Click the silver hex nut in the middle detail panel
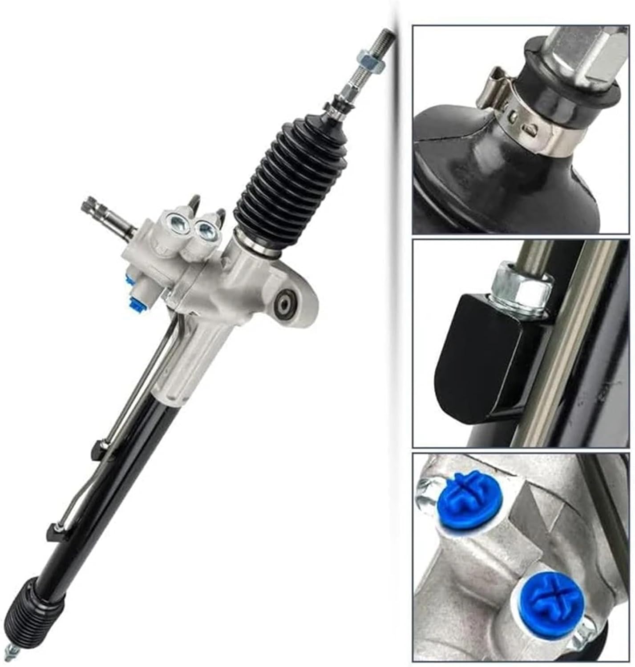point(521,285)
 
